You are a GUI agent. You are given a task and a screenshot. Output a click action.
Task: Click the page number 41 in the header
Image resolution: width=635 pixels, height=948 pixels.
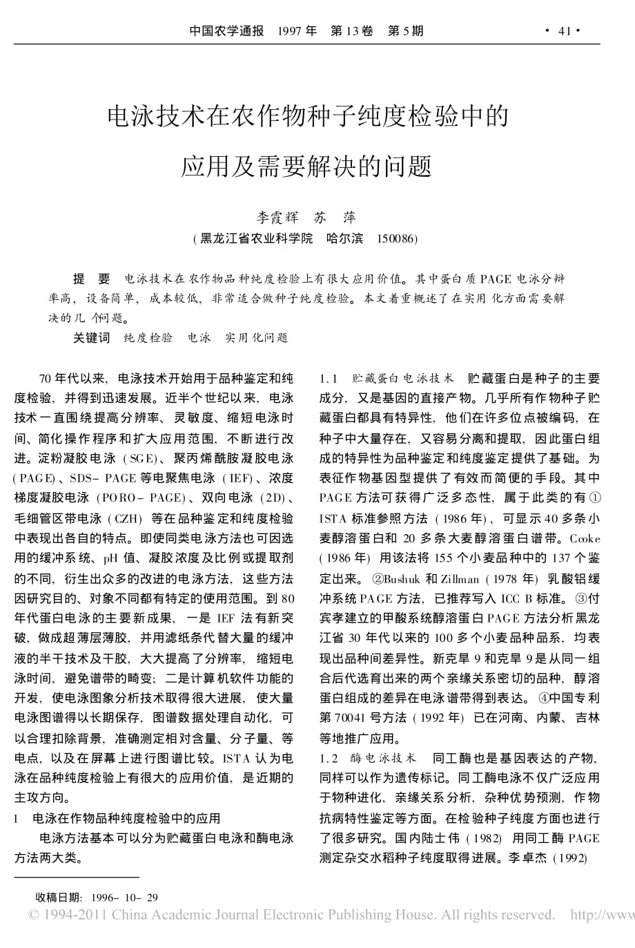point(565,31)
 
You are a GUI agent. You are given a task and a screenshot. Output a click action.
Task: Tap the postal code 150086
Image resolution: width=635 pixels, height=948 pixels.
point(396,238)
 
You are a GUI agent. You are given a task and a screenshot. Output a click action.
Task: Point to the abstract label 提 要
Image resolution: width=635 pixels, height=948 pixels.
point(92,279)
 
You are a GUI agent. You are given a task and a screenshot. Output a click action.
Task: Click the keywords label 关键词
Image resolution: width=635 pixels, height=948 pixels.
point(92,338)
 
